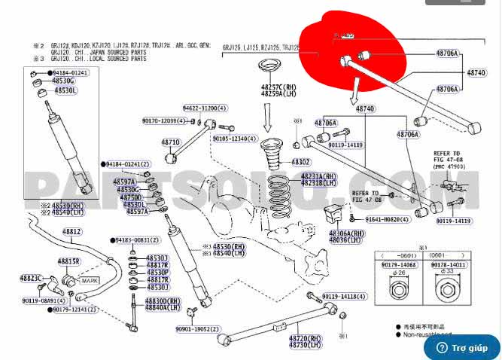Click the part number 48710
tap(171, 142)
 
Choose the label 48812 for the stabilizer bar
tap(71, 231)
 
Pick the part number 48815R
tap(69, 261)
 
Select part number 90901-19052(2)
tap(199, 328)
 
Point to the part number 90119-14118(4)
tap(347, 297)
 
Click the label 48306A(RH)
tap(346, 233)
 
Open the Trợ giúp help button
tap(461, 348)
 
